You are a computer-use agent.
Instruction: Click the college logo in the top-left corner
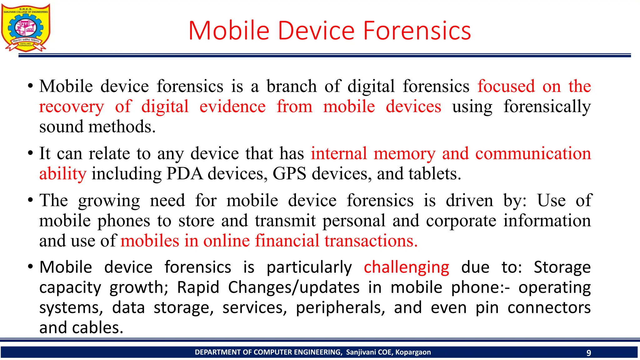[x=26, y=27]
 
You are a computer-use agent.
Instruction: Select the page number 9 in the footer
[x=589, y=353]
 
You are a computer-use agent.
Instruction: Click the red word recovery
[x=71, y=107]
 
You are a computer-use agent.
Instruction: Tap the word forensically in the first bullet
[x=547, y=107]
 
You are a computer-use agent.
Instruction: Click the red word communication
[x=533, y=153]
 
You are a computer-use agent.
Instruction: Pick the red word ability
[x=62, y=174]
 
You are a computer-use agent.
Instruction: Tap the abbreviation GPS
[x=289, y=174]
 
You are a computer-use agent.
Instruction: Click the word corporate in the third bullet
[x=461, y=221]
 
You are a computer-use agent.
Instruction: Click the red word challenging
[x=406, y=268]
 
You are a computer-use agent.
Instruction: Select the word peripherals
[x=340, y=308]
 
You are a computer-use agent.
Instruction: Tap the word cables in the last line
[x=97, y=328]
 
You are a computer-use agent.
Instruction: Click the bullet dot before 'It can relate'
[x=30, y=153]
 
